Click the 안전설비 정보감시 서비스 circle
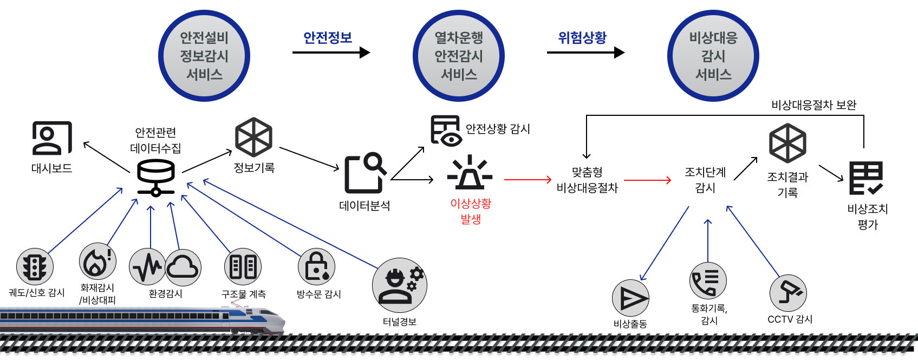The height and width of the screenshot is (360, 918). pyautogui.click(x=204, y=56)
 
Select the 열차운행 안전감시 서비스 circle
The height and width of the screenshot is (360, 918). pyautogui.click(x=459, y=56)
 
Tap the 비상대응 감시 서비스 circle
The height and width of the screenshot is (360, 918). pyautogui.click(x=713, y=56)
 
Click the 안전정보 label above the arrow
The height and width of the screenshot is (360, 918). pyautogui.click(x=328, y=38)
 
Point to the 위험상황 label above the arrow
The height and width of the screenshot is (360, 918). pyautogui.click(x=582, y=38)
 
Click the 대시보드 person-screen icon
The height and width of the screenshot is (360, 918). pyautogui.click(x=52, y=138)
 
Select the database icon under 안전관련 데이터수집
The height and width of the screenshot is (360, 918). pyautogui.click(x=156, y=178)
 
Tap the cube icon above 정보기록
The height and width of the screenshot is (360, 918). pyautogui.click(x=253, y=137)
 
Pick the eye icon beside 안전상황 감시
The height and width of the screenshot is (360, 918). pyautogui.click(x=446, y=131)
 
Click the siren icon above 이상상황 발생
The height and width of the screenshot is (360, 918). pyautogui.click(x=470, y=173)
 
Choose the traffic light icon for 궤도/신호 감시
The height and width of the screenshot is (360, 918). pyautogui.click(x=35, y=267)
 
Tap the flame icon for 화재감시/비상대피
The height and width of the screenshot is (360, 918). pyautogui.click(x=97, y=261)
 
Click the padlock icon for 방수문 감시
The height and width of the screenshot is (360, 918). pyautogui.click(x=317, y=267)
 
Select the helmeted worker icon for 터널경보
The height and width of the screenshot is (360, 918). pyautogui.click(x=400, y=285)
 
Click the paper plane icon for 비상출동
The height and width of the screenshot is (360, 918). pyautogui.click(x=630, y=298)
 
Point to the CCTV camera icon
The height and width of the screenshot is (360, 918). pyautogui.click(x=789, y=293)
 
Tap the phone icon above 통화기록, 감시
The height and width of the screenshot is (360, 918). pyautogui.click(x=708, y=281)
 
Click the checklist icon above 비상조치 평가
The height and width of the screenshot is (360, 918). pyautogui.click(x=866, y=178)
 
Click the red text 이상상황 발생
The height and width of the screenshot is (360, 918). pyautogui.click(x=471, y=211)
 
